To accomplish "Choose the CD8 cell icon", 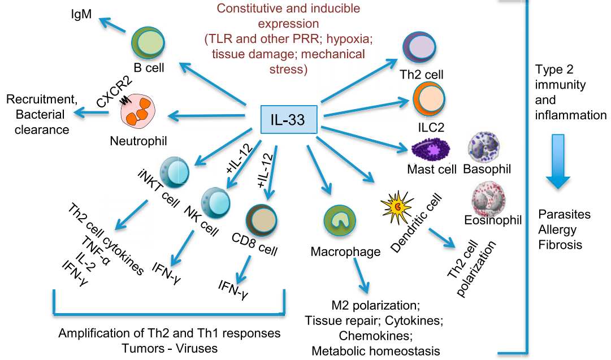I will point(262,220).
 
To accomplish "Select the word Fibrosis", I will point(560,245).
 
